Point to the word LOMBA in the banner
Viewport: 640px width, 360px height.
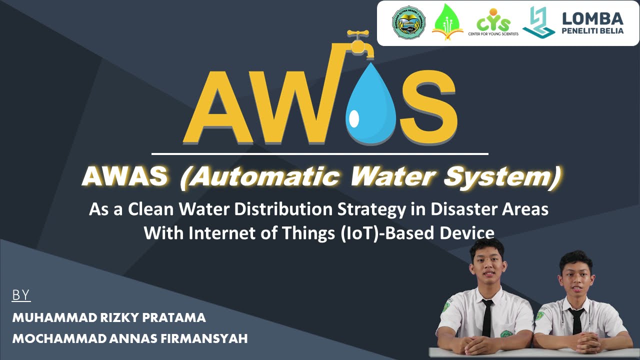click(592, 19)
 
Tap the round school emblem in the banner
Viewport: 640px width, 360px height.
click(408, 23)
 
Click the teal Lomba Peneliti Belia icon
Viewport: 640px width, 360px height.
click(538, 22)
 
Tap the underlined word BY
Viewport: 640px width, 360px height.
click(21, 295)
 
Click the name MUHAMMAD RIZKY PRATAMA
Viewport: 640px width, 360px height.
click(109, 317)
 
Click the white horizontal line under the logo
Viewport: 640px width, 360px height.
click(319, 153)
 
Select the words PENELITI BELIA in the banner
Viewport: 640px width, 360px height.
click(593, 31)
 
